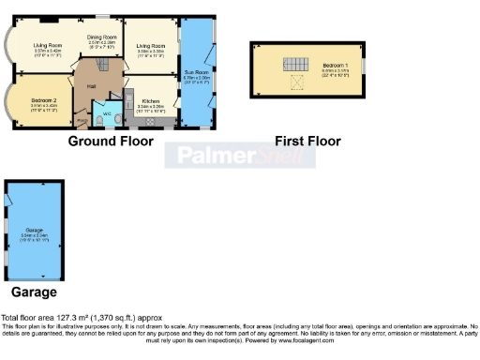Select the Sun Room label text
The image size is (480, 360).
[196, 72]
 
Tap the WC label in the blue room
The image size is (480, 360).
[108, 113]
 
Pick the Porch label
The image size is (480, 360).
[82, 120]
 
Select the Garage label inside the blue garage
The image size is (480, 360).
[35, 230]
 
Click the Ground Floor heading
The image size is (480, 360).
[112, 142]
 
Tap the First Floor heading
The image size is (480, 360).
[307, 142]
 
